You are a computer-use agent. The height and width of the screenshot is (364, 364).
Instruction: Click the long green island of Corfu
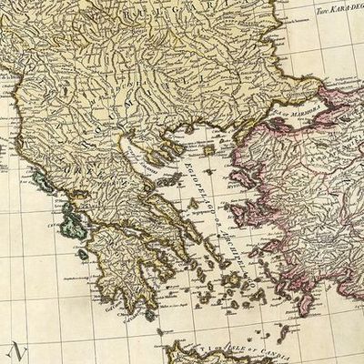click(40, 178)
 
